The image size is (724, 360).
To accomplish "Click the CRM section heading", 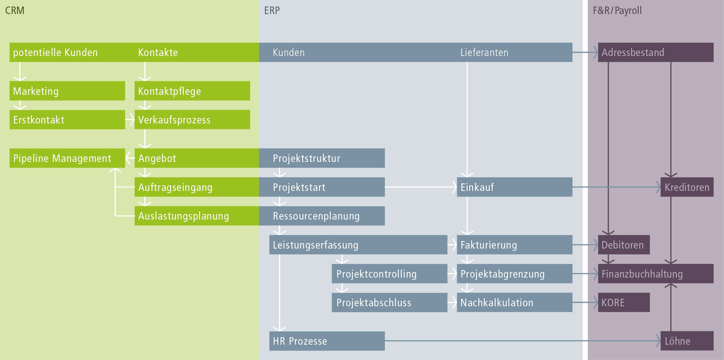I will click(x=15, y=10).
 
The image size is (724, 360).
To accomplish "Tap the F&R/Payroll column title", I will click(x=617, y=10).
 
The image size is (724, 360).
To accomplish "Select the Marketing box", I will click(x=67, y=91).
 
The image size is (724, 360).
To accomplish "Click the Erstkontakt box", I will click(x=67, y=120).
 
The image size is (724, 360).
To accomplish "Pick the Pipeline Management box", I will click(x=67, y=158).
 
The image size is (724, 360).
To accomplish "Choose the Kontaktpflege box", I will click(x=192, y=91).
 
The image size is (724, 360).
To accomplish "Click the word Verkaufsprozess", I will click(x=174, y=120).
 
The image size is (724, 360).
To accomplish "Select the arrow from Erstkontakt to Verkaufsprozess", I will click(x=130, y=120).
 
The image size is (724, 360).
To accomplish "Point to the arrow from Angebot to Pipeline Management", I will click(x=130, y=158).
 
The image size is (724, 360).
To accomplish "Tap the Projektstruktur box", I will click(x=322, y=158).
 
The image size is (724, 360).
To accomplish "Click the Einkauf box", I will click(x=514, y=187).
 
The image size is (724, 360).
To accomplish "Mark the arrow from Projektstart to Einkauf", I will click(x=420, y=187).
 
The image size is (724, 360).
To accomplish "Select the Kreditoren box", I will click(x=687, y=187).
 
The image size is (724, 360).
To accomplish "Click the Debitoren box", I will click(x=624, y=245).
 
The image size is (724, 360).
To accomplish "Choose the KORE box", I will click(x=624, y=302).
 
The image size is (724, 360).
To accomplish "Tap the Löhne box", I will click(x=687, y=341).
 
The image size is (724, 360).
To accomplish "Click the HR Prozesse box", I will click(x=327, y=341).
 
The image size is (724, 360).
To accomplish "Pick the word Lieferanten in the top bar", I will click(x=484, y=52).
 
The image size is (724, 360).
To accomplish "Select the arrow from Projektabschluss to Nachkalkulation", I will click(x=452, y=302).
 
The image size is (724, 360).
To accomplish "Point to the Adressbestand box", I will click(x=656, y=52).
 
